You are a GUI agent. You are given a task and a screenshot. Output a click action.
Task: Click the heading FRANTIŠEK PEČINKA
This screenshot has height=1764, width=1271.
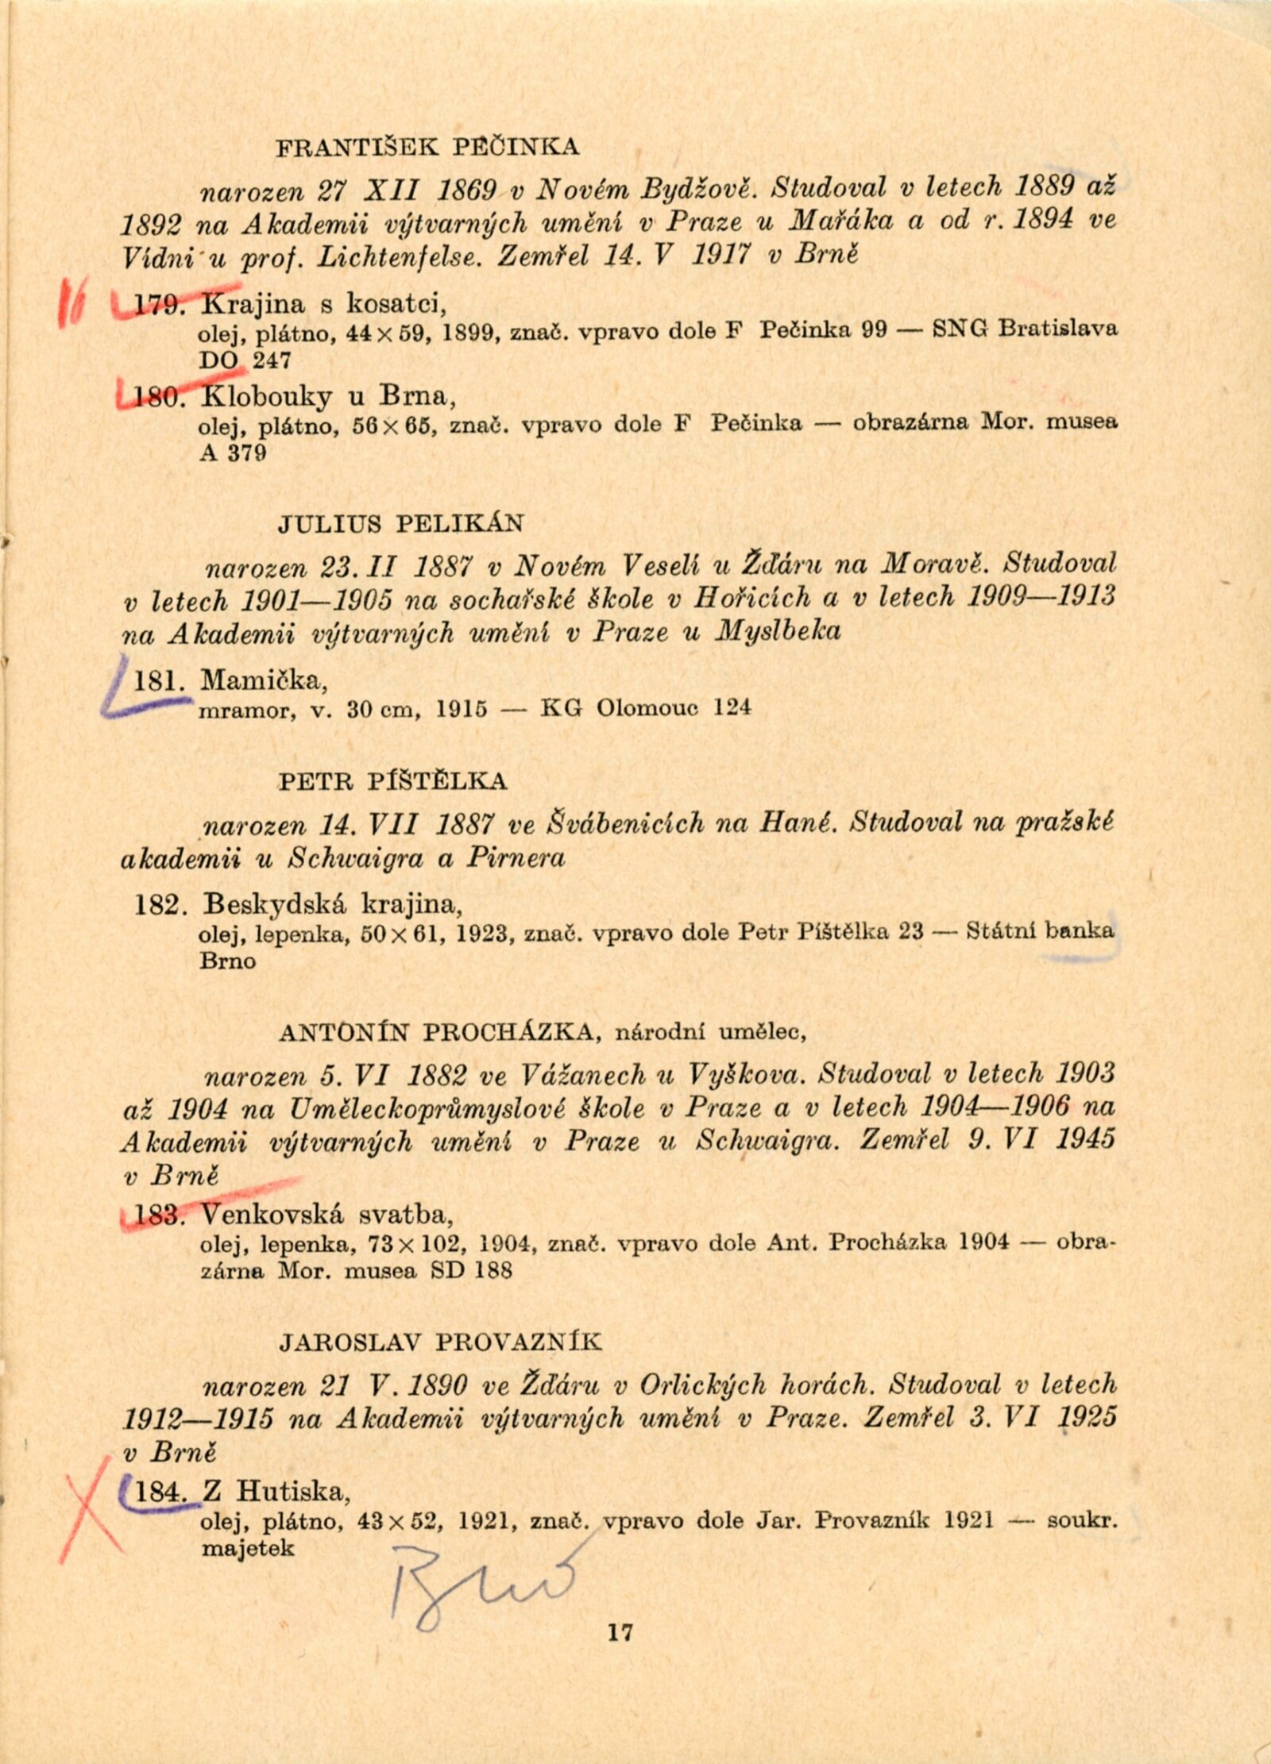427,148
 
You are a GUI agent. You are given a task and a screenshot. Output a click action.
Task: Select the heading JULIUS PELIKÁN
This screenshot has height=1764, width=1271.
401,524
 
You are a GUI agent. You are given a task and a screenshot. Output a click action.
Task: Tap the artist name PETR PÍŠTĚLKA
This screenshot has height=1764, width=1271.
392,781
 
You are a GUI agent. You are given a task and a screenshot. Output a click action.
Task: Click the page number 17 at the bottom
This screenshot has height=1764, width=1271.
620,1631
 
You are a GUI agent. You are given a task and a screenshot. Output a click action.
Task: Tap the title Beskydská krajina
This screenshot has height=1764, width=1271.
332,904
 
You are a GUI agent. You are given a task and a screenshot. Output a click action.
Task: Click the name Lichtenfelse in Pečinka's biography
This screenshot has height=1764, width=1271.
399,256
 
